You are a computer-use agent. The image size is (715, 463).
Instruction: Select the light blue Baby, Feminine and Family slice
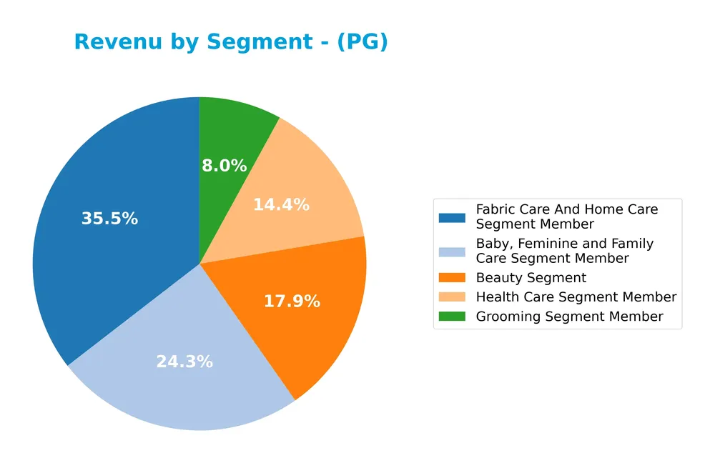pyautogui.click(x=186, y=379)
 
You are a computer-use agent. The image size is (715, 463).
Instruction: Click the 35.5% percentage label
pyautogui.click(x=109, y=219)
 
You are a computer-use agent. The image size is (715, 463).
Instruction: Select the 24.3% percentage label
pyautogui.click(x=184, y=362)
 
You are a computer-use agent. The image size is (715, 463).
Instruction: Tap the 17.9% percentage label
pyautogui.click(x=292, y=302)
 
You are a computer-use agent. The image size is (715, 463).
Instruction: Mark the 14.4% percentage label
pyautogui.click(x=281, y=204)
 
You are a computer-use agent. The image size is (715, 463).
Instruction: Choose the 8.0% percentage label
pyautogui.click(x=224, y=166)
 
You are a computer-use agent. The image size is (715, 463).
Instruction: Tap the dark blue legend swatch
pyautogui.click(x=452, y=217)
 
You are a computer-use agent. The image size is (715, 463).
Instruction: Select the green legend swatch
pyautogui.click(x=452, y=316)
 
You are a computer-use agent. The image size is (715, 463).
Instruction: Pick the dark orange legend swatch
pyautogui.click(x=452, y=278)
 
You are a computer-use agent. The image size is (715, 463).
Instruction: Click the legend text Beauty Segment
pyautogui.click(x=531, y=278)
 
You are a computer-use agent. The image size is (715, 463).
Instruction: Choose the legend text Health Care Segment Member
pyautogui.click(x=576, y=297)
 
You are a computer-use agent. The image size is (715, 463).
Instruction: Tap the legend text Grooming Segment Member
pyautogui.click(x=569, y=316)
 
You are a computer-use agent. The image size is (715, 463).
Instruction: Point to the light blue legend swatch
pyautogui.click(x=452, y=252)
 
